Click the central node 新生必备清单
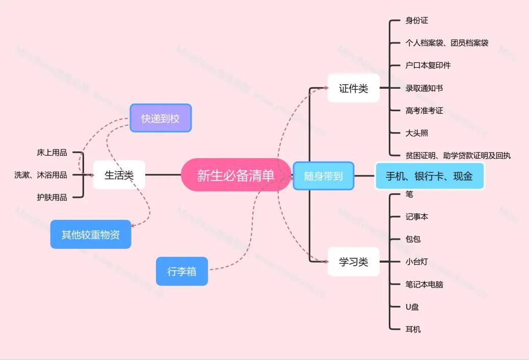235,175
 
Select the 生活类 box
119,175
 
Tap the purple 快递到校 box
160,118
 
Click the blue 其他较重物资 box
91,235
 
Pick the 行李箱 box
181,271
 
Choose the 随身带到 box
323,176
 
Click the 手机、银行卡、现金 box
429,176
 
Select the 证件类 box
353,88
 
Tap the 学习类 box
353,262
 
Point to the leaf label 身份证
416,21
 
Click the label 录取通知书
424,88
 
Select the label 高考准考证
424,111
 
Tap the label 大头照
416,133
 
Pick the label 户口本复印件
428,65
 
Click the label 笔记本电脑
424,285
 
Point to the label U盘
412,307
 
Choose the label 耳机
413,329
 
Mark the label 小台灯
416,262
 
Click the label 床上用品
52,152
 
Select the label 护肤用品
52,197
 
